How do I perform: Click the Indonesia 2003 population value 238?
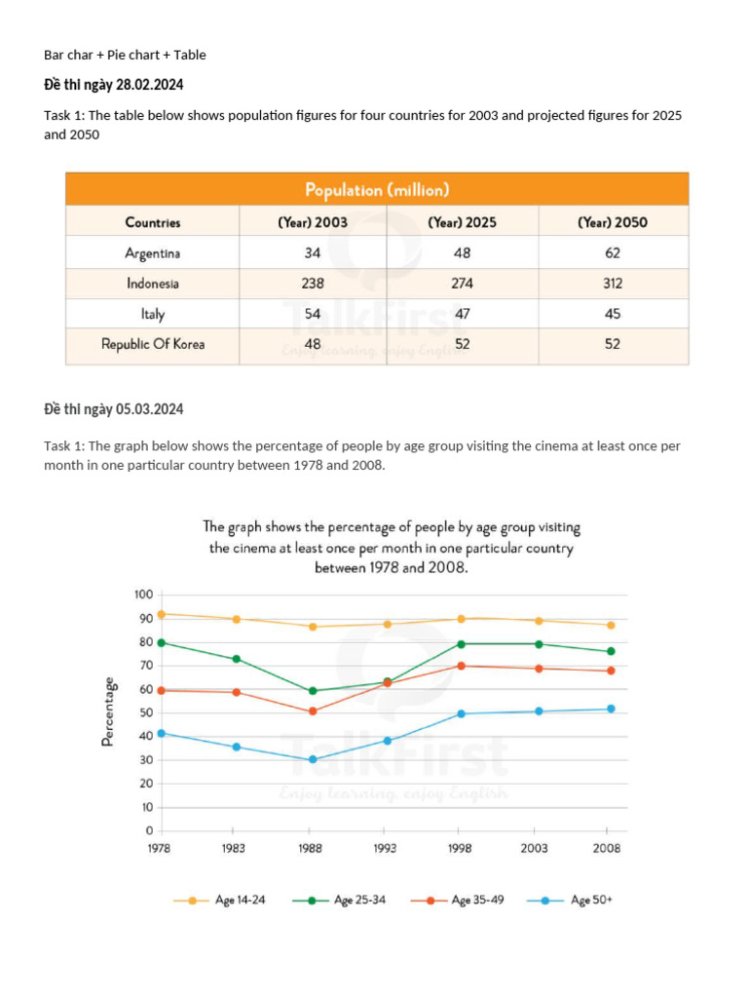pyautogui.click(x=312, y=285)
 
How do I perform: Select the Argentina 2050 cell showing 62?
pyautogui.click(x=612, y=253)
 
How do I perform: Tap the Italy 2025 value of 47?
pyautogui.click(x=462, y=315)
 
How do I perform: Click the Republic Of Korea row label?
pyautogui.click(x=153, y=344)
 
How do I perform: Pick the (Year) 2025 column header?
pyautogui.click(x=462, y=222)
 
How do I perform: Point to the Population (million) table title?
pyautogui.click(x=377, y=190)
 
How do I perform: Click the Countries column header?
pyautogui.click(x=153, y=222)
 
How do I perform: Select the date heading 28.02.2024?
pyautogui.click(x=114, y=84)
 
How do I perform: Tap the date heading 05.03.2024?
pyautogui.click(x=114, y=408)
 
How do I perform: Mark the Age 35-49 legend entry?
pyautogui.click(x=456, y=901)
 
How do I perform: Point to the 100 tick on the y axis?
pyautogui.click(x=143, y=595)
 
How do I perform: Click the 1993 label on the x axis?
pyautogui.click(x=385, y=849)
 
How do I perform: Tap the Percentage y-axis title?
pyautogui.click(x=108, y=712)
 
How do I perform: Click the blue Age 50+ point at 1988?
pyautogui.click(x=313, y=759)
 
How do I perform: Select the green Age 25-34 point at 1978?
pyautogui.click(x=161, y=642)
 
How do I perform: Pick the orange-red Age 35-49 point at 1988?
pyautogui.click(x=313, y=711)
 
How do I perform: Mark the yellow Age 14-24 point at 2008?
pyautogui.click(x=611, y=625)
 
